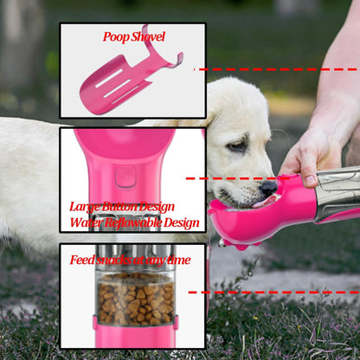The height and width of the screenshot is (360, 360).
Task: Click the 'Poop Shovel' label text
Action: [133, 37]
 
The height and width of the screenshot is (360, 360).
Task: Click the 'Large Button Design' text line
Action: [122, 207]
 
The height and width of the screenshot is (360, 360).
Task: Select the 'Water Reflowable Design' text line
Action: [134, 222]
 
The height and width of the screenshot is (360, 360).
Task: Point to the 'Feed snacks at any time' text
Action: [131, 260]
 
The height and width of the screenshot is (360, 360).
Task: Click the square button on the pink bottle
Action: [125, 176]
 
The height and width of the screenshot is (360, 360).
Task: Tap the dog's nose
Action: [268, 186]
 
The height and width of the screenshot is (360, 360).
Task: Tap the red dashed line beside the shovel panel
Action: [277, 68]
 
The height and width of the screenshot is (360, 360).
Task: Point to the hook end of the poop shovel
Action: [175, 59]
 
